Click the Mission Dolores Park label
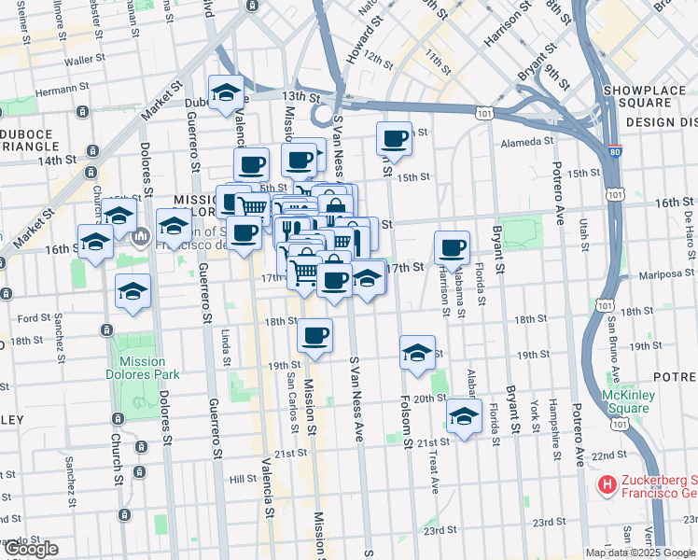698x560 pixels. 142,369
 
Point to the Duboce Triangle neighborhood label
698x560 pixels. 28,140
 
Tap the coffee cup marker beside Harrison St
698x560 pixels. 453,248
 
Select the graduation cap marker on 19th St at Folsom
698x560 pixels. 417,353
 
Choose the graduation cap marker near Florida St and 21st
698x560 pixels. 464,416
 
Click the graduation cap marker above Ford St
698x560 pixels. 133,291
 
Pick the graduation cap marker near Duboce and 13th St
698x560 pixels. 226,92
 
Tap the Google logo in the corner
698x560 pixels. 30,549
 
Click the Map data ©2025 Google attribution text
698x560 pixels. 640,553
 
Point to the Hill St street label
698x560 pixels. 243,478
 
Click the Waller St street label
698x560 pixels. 82,60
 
